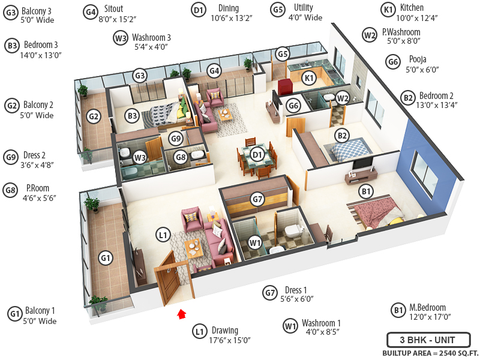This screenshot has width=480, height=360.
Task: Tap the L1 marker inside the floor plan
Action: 163,235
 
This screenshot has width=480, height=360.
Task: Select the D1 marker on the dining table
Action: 257,155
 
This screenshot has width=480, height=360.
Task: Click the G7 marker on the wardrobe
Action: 257,199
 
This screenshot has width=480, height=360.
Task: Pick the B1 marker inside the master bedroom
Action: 366,191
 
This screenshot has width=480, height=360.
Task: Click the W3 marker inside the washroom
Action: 140,157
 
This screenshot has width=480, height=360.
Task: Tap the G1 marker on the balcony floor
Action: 106,259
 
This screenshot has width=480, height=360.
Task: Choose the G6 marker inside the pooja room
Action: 293,106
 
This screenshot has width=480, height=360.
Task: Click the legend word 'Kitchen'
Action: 412,8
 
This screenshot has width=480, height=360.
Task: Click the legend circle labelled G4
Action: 91,11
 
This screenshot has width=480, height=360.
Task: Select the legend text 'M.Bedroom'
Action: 427,307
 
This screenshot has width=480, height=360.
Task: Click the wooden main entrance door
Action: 169,278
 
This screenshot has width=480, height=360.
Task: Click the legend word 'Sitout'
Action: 113,9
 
